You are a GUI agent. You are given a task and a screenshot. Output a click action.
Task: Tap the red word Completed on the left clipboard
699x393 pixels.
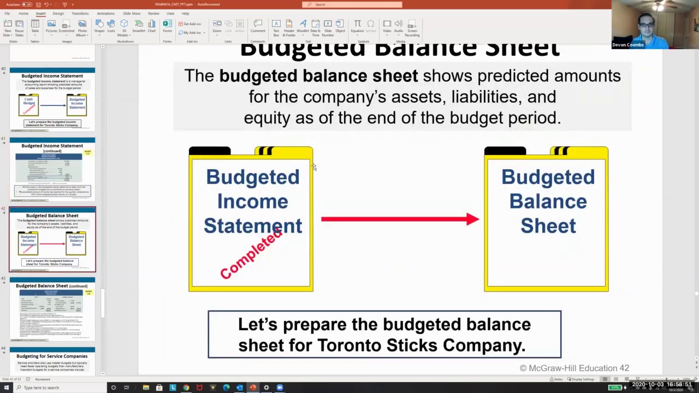(251, 254)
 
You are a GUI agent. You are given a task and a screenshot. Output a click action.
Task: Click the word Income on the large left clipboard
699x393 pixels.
(252, 201)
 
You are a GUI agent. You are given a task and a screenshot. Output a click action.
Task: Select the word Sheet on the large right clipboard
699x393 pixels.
(548, 226)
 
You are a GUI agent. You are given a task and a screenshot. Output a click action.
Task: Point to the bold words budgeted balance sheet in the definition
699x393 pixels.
(318, 76)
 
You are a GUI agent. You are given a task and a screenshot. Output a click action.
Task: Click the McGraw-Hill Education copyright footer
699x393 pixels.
(574, 368)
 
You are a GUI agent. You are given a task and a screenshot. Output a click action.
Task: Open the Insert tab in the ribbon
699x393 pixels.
(40, 13)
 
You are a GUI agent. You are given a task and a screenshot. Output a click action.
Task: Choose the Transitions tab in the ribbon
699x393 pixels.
(80, 13)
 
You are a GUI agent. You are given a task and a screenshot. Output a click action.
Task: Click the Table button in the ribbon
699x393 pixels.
(35, 26)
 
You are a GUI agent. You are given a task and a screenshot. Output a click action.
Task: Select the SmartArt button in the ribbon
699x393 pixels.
(138, 26)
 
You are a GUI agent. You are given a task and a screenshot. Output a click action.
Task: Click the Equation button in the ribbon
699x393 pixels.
(357, 26)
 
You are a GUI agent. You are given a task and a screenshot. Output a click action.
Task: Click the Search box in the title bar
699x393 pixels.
(352, 4)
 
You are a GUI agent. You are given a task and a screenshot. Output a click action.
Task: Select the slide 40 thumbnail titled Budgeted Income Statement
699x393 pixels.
(52, 100)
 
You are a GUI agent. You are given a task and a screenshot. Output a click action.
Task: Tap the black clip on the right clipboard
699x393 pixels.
(505, 151)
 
